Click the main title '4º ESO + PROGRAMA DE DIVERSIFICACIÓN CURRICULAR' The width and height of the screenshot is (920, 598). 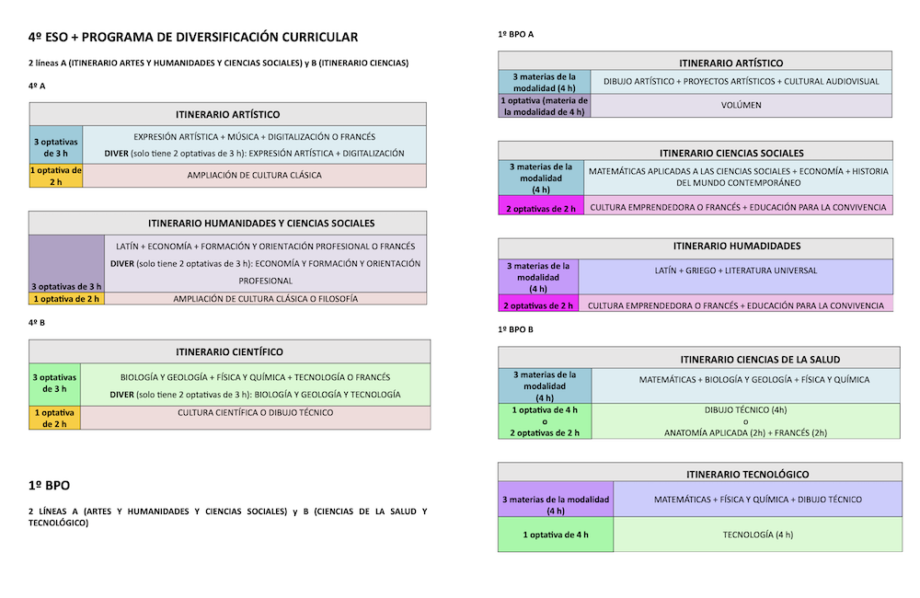pyautogui.click(x=193, y=37)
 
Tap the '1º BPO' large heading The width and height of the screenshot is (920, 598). pyautogui.click(x=50, y=486)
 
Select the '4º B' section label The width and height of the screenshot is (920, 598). pyautogui.click(x=37, y=322)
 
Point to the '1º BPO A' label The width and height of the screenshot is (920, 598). pyautogui.click(x=516, y=34)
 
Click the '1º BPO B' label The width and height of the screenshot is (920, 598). pyautogui.click(x=516, y=329)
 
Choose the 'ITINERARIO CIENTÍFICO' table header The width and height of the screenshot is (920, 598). pyautogui.click(x=229, y=351)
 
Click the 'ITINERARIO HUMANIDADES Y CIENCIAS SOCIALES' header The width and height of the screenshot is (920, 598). pyautogui.click(x=261, y=223)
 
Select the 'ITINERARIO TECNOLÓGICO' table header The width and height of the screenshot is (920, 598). pyautogui.click(x=747, y=474)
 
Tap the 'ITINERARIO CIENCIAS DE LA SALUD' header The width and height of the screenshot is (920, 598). pyautogui.click(x=761, y=359)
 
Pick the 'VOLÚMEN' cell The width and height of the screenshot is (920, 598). pyautogui.click(x=741, y=105)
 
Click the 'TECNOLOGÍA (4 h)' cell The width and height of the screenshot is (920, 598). pyautogui.click(x=757, y=535)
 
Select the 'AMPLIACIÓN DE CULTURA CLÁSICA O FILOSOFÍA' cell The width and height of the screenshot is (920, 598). pyautogui.click(x=265, y=299)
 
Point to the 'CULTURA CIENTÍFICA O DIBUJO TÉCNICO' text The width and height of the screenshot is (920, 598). pyautogui.click(x=255, y=412)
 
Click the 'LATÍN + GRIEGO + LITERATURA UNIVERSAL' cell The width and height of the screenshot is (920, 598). pyautogui.click(x=736, y=276)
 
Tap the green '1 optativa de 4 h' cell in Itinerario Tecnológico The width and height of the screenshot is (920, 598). pyautogui.click(x=556, y=535)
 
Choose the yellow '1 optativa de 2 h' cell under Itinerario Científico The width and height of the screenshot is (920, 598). pyautogui.click(x=54, y=418)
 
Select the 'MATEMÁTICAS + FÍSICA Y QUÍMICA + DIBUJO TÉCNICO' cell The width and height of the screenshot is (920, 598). pyautogui.click(x=757, y=500)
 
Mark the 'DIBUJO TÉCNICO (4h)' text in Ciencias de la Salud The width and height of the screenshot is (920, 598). pyautogui.click(x=746, y=409)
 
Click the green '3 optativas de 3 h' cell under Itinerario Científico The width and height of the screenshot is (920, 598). pyautogui.click(x=54, y=385)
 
